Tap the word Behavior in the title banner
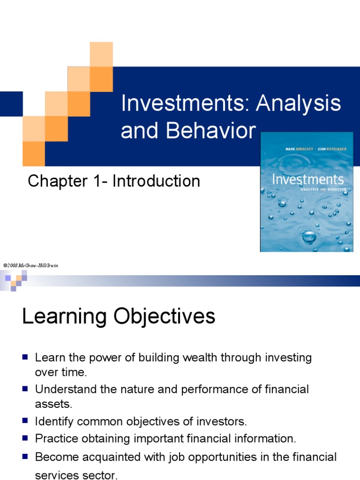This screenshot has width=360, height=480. (x=210, y=130)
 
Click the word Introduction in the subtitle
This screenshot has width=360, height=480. (x=156, y=181)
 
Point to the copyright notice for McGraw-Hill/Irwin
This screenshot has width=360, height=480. (x=30, y=265)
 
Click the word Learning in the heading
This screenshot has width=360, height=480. (x=64, y=316)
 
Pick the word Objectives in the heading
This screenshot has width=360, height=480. (x=165, y=316)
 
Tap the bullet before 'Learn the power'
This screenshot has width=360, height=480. (x=25, y=357)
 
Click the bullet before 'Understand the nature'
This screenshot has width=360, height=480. (x=25, y=389)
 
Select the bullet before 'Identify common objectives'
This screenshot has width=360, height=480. (x=25, y=420)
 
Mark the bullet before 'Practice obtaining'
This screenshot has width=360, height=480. (x=25, y=438)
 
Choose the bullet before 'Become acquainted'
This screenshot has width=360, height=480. (x=25, y=457)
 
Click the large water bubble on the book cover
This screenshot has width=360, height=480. (x=309, y=237)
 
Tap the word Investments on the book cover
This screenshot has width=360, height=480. (x=307, y=180)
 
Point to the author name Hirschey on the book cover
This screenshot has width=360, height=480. (x=304, y=149)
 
